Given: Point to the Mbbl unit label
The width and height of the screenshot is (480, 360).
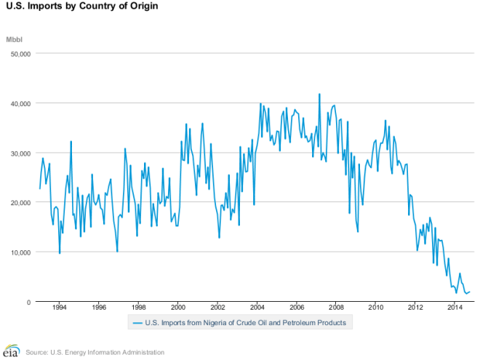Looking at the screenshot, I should point(15,39).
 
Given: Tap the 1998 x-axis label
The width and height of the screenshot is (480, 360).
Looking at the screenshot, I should point(138,308).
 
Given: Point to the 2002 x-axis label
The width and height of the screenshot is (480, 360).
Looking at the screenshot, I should point(217,308).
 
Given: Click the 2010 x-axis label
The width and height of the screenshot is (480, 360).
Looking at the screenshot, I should point(376,308).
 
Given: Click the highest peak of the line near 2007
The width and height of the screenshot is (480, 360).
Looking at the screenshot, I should point(319,94).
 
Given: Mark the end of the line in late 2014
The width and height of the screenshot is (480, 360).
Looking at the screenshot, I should point(471,292).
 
